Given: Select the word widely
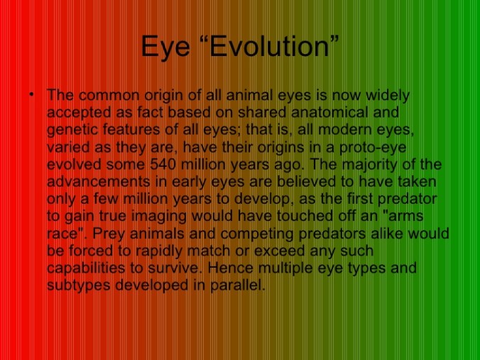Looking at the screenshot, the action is click(x=388, y=96).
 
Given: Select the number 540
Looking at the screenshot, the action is click(x=163, y=165).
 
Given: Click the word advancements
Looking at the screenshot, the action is click(x=98, y=182).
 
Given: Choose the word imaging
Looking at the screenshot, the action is click(x=159, y=217).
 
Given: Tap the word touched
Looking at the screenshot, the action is click(x=305, y=216).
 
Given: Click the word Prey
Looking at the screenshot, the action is click(x=109, y=234).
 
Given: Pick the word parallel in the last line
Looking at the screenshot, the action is click(x=237, y=286).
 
